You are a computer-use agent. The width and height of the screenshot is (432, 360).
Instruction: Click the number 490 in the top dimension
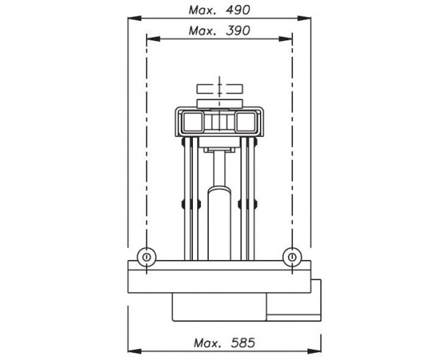click(x=238, y=10)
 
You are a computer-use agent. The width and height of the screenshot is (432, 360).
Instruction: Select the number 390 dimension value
click(x=238, y=30)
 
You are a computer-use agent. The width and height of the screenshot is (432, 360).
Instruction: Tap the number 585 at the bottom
click(x=243, y=343)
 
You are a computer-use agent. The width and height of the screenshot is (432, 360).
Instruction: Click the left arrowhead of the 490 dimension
click(x=135, y=18)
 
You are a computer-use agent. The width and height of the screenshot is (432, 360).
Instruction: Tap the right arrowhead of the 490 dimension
click(x=304, y=18)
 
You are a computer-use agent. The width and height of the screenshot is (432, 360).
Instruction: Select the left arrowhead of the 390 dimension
click(x=153, y=39)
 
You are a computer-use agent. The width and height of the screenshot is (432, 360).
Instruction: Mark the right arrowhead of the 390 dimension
click(x=285, y=39)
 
